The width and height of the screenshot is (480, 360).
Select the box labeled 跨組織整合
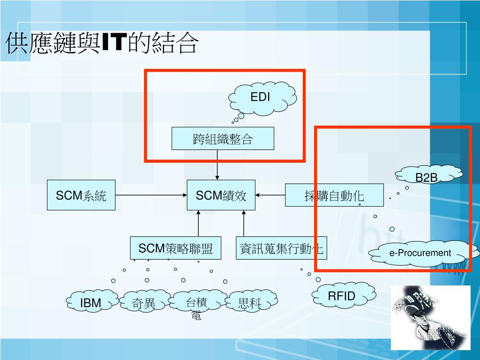pos(223,139)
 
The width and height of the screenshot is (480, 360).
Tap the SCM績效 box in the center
pos(221,195)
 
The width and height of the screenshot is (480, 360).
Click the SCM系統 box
pos(81,195)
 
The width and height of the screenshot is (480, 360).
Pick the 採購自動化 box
pos(334,195)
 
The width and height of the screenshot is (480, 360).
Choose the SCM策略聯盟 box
pos(175,248)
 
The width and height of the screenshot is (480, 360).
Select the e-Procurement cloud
pos(420,254)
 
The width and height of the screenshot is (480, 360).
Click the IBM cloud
pos(91,302)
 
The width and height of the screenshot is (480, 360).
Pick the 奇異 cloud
pos(144,302)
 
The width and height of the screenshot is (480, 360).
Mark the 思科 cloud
pos(250,302)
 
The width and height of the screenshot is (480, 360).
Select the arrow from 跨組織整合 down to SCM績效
pos(217,165)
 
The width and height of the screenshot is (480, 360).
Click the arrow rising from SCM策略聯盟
pos(199,223)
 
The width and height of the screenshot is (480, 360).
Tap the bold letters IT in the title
pos(112,44)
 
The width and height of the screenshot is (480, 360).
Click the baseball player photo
pos(430,317)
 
